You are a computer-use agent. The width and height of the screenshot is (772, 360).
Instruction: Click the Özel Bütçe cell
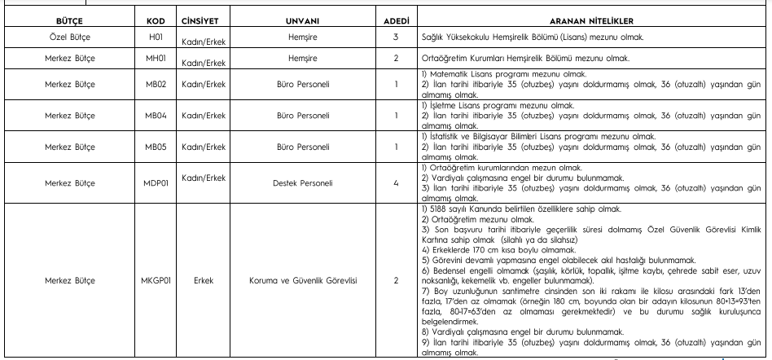[x=63, y=37]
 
